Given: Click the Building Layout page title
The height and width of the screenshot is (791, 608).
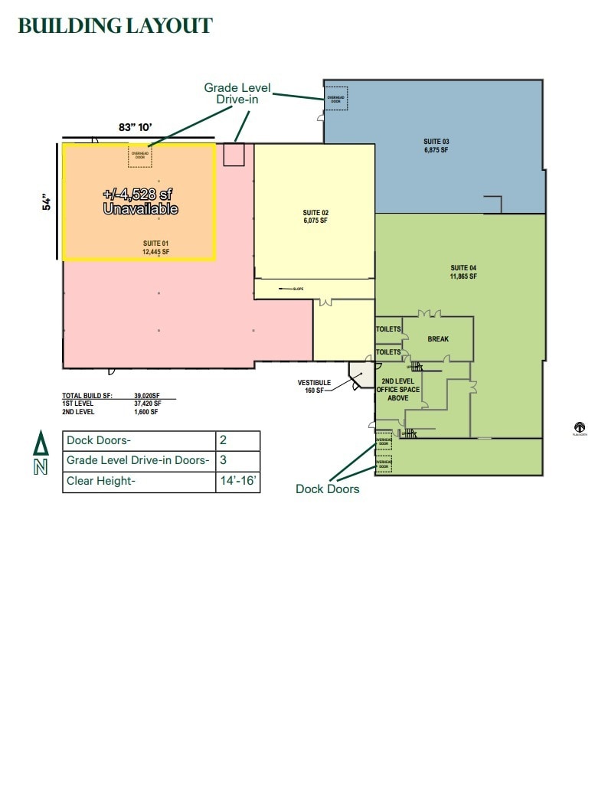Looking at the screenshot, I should coord(115,25).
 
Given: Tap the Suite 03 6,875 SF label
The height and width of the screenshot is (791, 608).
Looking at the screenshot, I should coord(436,145).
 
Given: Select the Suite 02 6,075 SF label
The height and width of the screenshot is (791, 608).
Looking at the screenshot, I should coord(315,216).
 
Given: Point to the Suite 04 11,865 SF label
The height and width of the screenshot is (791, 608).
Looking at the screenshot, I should coord(463,272).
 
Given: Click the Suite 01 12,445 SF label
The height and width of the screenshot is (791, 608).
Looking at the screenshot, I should coord(155,247).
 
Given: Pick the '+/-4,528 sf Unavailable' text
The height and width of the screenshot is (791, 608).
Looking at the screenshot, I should coord(140,201).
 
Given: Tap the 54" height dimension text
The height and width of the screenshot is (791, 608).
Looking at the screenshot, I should coord(47,202).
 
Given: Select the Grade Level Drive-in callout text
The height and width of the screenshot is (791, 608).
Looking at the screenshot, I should coord(237,93).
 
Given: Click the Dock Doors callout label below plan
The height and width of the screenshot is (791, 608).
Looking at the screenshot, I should coord(327,489).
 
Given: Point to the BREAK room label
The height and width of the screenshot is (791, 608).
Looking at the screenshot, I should coord(438,339).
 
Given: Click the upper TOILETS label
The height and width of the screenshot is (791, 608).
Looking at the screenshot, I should coord(388,329).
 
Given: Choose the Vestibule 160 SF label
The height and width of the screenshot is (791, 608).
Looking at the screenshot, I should coord(314,387).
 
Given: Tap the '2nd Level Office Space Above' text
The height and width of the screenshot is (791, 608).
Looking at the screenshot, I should coord(397,390).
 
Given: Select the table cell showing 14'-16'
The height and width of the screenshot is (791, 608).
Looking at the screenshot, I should coord(237,482).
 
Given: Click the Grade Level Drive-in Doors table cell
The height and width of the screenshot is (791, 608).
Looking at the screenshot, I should coord(138,461).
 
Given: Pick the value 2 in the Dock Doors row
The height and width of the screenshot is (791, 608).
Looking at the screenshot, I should coord(237,440).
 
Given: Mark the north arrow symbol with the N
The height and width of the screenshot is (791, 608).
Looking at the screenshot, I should coord(40,454).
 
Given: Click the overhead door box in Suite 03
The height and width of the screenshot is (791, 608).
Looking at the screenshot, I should coord(337,98).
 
